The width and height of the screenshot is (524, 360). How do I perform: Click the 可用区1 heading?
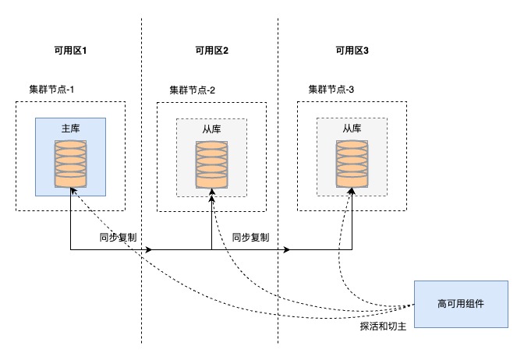coord(71,51)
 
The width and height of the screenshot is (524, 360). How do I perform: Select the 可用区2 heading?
coord(211,51)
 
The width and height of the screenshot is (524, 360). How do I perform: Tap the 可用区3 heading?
coord(352,51)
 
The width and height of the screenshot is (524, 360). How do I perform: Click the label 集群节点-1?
coord(46,90)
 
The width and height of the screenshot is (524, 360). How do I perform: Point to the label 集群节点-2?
coord(192,90)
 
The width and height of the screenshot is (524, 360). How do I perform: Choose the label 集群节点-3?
coord(331,90)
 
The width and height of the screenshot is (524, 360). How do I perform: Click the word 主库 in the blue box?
coord(70,129)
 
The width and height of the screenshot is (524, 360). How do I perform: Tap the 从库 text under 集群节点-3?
coord(352,129)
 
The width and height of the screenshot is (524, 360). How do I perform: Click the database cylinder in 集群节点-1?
coord(70,164)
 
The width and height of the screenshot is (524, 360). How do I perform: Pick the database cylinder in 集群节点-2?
coord(211,164)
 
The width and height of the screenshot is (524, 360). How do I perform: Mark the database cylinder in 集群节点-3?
coord(352,164)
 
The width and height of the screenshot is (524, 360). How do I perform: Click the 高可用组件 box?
coord(461,303)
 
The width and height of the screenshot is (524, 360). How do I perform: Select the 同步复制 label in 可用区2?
coord(251,237)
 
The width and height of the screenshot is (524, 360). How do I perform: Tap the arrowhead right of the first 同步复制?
coord(147,250)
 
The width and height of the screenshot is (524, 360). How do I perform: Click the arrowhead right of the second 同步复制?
coord(287,250)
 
